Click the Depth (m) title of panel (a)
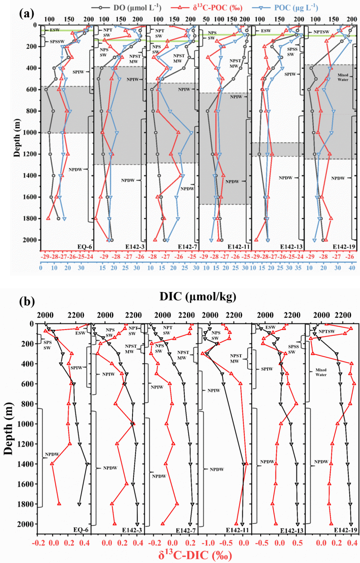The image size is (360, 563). [17, 133]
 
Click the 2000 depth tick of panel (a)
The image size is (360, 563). [32, 240]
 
